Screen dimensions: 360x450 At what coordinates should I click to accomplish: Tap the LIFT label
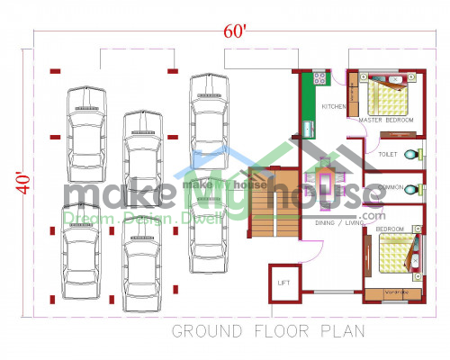(x=284, y=283)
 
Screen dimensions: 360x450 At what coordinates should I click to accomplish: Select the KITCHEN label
(x=334, y=107)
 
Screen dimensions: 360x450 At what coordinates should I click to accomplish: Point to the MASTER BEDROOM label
(x=385, y=120)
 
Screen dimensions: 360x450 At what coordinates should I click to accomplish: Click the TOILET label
(x=388, y=155)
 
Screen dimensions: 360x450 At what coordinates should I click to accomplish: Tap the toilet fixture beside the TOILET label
(x=412, y=155)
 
